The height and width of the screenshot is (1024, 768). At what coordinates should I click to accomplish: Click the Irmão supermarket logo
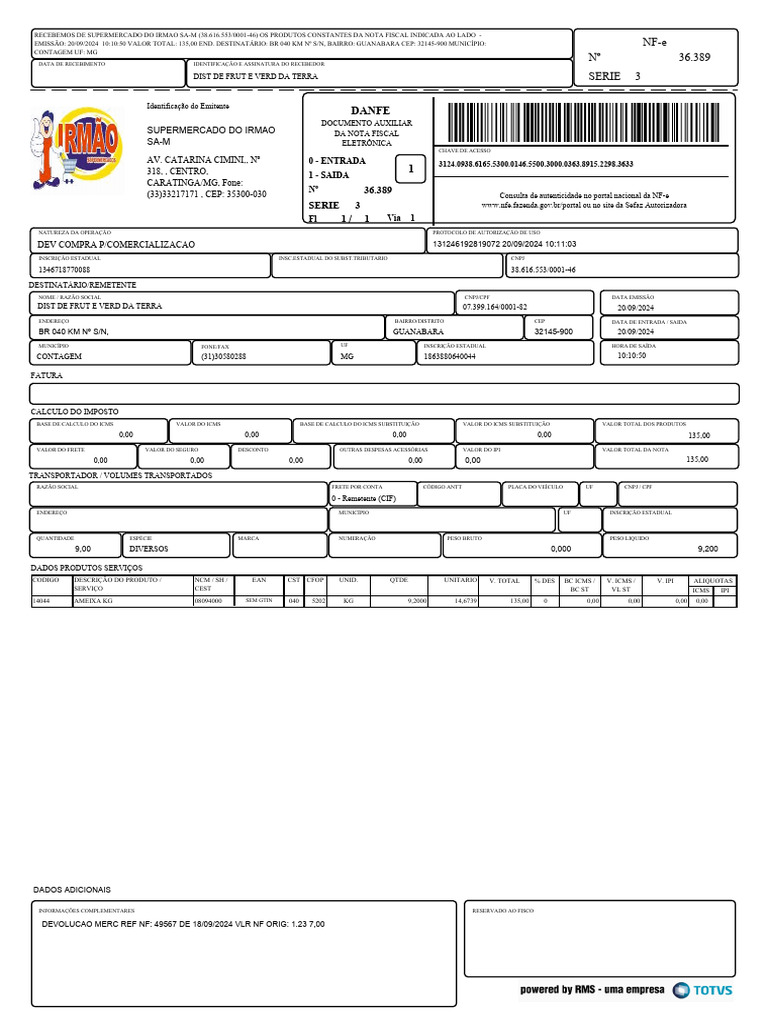click(77, 148)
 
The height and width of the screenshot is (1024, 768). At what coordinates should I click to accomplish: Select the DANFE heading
click(370, 110)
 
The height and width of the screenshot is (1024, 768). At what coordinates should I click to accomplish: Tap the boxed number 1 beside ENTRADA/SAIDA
click(410, 169)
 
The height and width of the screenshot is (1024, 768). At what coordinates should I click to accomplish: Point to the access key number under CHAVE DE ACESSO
click(535, 164)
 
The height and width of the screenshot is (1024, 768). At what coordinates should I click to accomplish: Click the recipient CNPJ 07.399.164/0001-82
click(494, 306)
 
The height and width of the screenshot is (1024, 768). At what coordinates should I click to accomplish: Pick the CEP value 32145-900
click(553, 331)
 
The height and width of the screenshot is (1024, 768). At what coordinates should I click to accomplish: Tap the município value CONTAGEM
click(59, 356)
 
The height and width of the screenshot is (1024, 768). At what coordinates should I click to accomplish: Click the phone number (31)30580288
click(224, 356)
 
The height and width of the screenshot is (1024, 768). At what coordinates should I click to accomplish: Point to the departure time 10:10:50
click(632, 355)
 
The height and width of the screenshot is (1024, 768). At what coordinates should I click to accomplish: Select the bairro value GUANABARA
click(419, 331)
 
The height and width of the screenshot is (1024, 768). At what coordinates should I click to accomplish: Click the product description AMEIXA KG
click(93, 601)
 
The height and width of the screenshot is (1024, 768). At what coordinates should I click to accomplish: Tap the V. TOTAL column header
click(504, 580)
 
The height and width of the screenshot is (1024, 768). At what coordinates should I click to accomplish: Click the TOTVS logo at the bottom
click(702, 990)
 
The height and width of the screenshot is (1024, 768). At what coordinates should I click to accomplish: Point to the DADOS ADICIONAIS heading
click(72, 889)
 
